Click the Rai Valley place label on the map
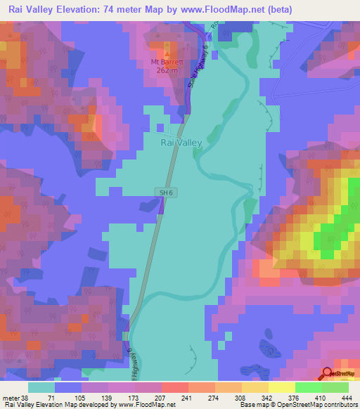pyautogui.click(x=181, y=143)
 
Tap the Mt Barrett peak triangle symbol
pyautogui.click(x=167, y=52)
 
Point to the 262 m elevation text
pyautogui.click(x=167, y=70)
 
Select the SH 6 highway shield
pyautogui.click(x=163, y=191)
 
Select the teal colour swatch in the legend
pyautogui.click(x=41, y=387)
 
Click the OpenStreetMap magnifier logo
pyautogui.click(x=327, y=374)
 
